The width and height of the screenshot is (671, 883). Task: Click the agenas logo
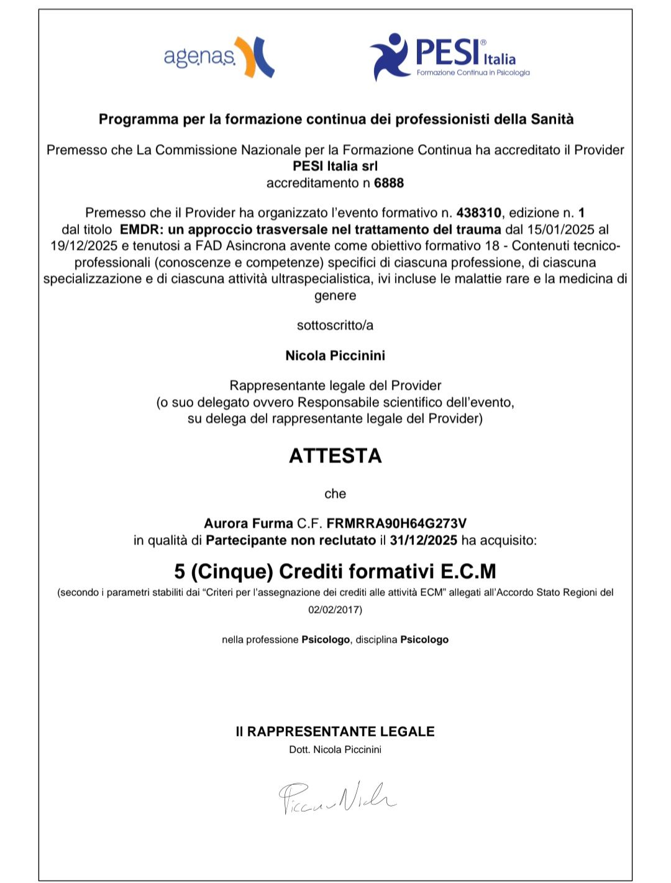click(x=218, y=57)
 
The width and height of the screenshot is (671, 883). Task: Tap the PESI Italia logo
click(x=449, y=57)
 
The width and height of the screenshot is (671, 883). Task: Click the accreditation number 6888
click(x=389, y=183)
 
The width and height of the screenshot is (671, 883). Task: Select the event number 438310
click(x=478, y=213)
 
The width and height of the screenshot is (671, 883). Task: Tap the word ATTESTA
click(x=335, y=455)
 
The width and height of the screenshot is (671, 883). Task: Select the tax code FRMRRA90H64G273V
click(x=396, y=523)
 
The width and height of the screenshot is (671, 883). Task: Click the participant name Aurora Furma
click(x=248, y=523)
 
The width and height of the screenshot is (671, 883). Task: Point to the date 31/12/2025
click(x=424, y=540)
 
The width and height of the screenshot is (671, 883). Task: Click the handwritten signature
click(x=336, y=797)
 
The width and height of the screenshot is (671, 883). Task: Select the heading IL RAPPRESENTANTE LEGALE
click(x=335, y=731)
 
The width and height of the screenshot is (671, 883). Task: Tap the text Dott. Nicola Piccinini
click(x=335, y=749)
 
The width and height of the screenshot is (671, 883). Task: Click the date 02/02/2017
click(x=335, y=610)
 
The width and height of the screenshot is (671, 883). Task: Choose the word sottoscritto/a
click(x=335, y=325)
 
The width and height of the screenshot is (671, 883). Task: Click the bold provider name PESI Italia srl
click(x=335, y=166)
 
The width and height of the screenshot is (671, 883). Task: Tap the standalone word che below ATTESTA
click(x=335, y=493)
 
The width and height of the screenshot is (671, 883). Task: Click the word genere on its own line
click(x=335, y=295)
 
